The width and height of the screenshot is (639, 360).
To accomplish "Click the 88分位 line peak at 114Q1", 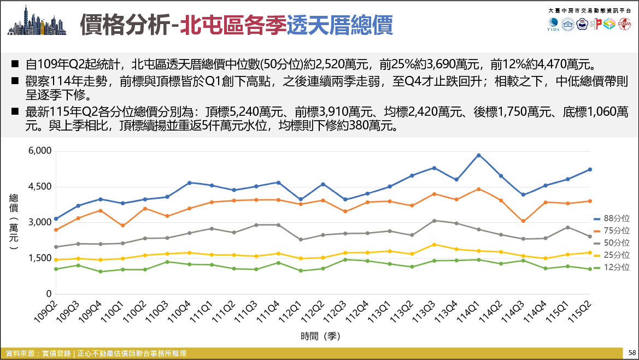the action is click(x=479, y=155).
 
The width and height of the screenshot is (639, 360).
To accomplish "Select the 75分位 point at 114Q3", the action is click(x=523, y=221).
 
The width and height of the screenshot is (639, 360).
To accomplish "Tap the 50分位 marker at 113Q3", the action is click(x=435, y=221).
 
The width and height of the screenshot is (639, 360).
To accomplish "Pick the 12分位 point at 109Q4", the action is click(x=101, y=271).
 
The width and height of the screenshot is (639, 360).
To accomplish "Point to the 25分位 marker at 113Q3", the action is click(x=435, y=244).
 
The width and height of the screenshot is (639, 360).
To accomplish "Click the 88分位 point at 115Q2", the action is click(x=590, y=169).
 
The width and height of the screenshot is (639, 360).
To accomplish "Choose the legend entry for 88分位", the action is click(x=611, y=219).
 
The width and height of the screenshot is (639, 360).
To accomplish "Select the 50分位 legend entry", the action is click(x=611, y=243).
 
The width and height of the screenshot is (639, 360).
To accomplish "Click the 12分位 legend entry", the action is click(x=611, y=268).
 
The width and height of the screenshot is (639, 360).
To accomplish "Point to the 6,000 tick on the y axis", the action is click(x=40, y=151).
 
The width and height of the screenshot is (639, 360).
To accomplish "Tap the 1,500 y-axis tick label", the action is click(x=40, y=258).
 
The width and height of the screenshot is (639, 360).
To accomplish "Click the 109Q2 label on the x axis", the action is click(x=46, y=311).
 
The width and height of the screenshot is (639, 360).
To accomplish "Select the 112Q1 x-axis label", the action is click(x=290, y=311).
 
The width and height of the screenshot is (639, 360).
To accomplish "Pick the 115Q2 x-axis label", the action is click(x=579, y=311).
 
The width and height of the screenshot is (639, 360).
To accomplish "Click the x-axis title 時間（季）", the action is click(x=320, y=336).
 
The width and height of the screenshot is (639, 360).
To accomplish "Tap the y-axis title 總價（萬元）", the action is click(x=14, y=222).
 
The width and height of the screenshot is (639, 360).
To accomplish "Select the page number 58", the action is click(x=632, y=353).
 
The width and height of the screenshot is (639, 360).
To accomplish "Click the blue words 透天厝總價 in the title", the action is click(x=339, y=25).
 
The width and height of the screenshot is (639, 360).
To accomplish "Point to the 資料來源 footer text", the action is click(x=96, y=353).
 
